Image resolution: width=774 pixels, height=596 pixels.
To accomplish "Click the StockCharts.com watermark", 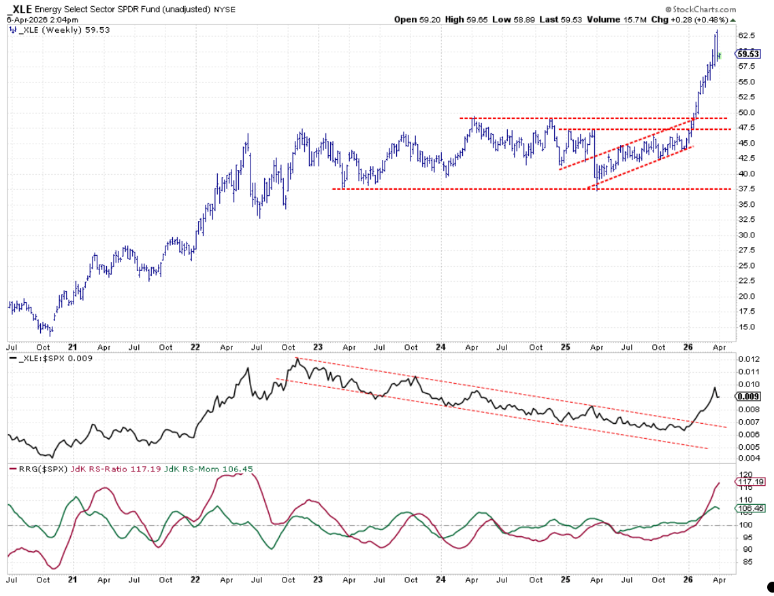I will tap(701, 10).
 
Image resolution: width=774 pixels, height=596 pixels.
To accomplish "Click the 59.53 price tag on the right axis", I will tap(749, 54).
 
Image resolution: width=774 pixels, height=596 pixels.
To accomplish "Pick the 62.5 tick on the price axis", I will tap(747, 35).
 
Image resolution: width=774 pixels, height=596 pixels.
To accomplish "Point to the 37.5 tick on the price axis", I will tap(747, 188).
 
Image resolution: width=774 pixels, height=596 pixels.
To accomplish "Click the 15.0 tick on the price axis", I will tap(747, 327).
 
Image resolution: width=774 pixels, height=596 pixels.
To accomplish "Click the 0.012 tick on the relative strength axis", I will tap(749, 359).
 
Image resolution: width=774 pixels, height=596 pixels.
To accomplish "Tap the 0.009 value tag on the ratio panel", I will tap(749, 397).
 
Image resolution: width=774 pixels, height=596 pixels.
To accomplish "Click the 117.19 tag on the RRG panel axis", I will tap(749, 482).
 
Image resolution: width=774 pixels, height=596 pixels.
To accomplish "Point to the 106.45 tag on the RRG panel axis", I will tap(749, 508).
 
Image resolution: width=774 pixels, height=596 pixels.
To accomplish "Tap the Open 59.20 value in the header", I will tap(415, 20).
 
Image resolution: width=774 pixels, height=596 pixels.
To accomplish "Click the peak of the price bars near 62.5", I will tap(716, 31).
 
